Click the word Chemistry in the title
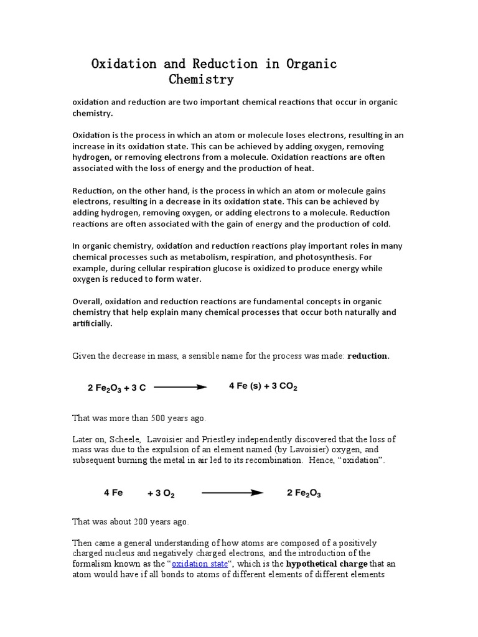[x=201, y=80]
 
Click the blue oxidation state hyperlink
[x=199, y=564]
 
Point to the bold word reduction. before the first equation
[x=368, y=356]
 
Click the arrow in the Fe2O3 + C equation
[x=180, y=387]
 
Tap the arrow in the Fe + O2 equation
[x=232, y=493]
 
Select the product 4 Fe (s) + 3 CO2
[x=263, y=386]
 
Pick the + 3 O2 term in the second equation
[x=161, y=494]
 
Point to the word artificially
[x=93, y=323]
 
